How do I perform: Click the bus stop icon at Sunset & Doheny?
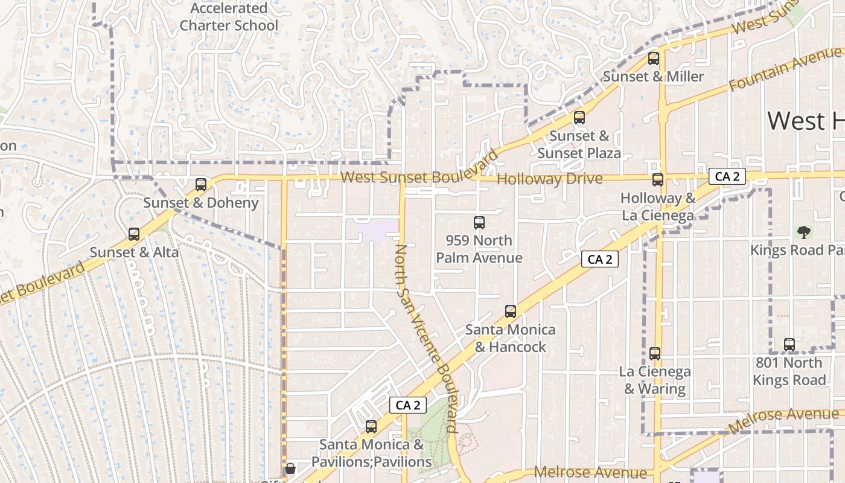201,185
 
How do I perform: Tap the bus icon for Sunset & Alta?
134,234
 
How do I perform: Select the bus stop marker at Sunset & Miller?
654,59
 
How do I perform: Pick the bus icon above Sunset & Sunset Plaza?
579,118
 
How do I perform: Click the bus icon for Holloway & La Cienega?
658,180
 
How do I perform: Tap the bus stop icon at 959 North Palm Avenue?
479,223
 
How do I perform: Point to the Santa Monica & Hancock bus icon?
511,312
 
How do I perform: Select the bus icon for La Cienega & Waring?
655,354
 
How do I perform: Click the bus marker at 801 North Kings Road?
789,345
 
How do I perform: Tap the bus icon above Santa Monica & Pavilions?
371,427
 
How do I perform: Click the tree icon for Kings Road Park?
803,232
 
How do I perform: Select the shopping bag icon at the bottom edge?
290,469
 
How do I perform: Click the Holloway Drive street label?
549,179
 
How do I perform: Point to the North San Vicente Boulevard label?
426,338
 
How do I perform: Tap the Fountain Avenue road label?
785,69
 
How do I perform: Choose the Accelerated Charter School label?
229,17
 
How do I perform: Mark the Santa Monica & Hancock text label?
511,338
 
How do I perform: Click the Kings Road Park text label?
796,250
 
